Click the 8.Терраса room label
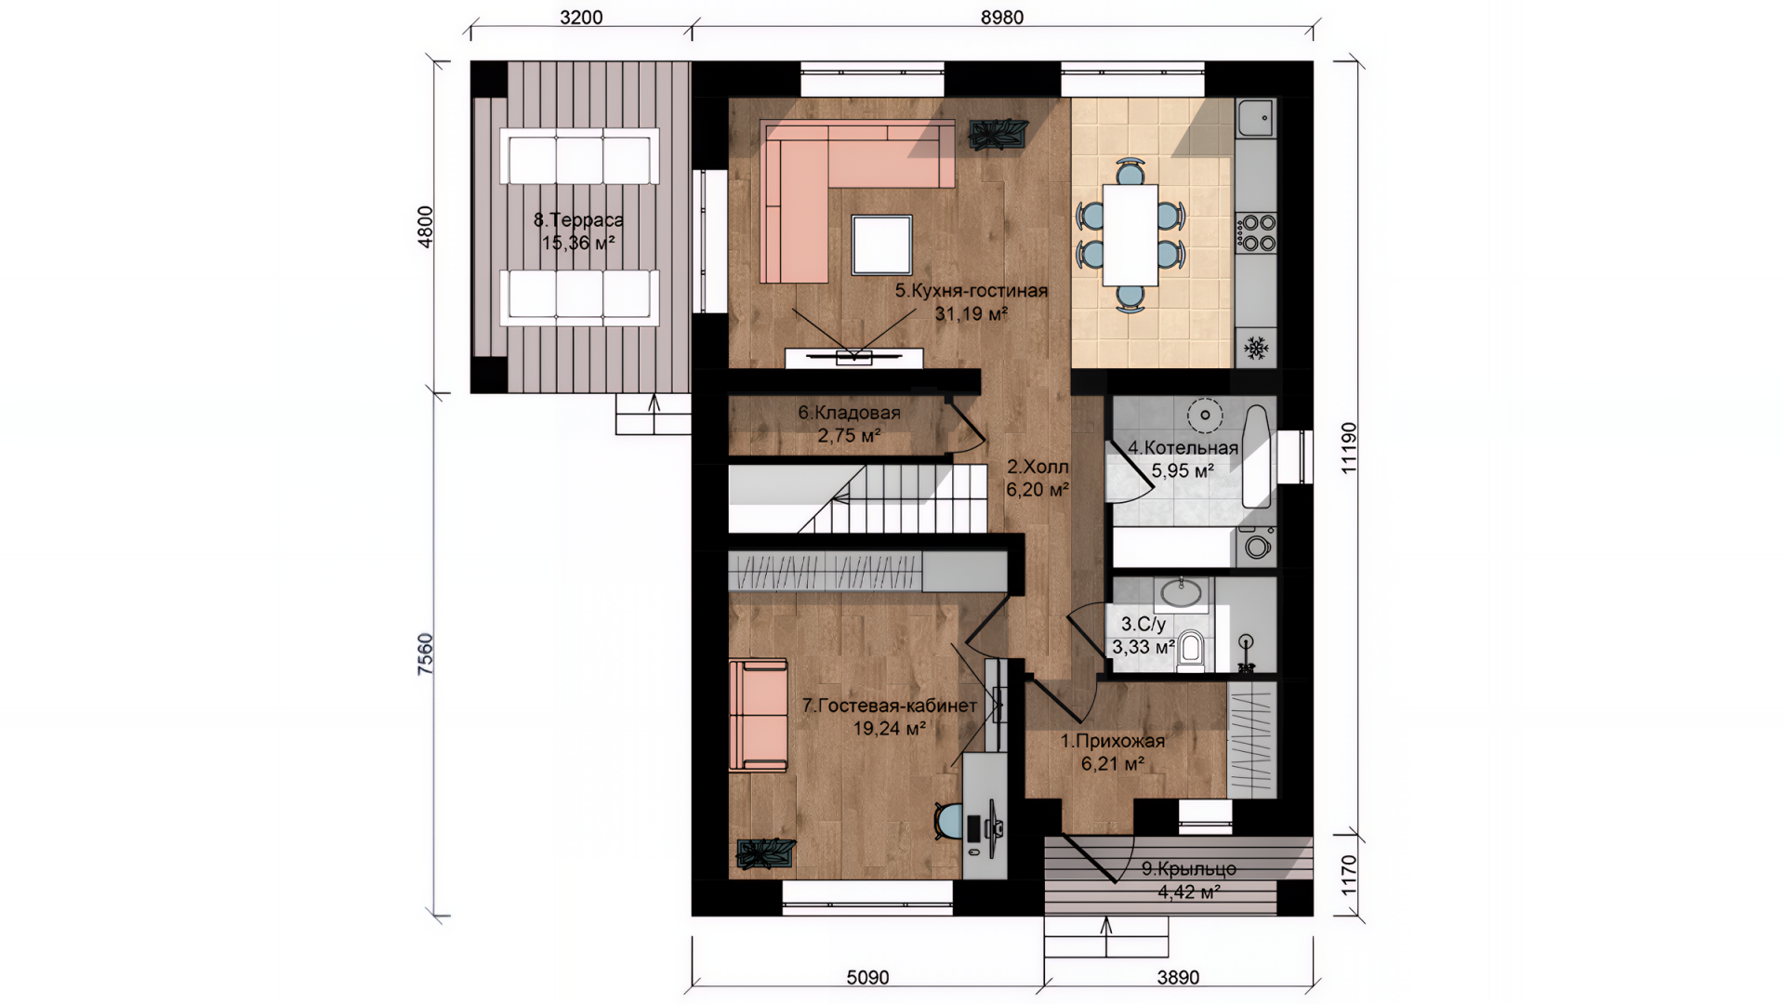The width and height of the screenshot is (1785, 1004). coord(578,220)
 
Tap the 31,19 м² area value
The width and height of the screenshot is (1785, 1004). coord(972,314)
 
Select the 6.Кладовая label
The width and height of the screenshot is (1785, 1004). coord(849,413)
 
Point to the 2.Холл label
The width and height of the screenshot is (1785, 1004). coord(1038,467)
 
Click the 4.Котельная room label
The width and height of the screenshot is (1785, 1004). coord(1183,448)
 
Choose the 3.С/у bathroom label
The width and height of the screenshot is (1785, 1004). coord(1144,625)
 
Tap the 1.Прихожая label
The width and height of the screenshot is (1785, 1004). coord(1113,742)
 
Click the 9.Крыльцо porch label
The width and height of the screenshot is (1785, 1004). coord(1189,869)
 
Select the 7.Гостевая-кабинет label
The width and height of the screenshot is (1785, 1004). coord(890,707)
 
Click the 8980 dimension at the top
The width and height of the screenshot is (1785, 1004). coord(1002,18)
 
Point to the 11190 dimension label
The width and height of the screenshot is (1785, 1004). coord(1349,448)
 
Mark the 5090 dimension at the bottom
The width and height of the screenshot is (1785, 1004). coord(867,978)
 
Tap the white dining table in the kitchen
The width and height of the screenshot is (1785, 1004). coord(1130,234)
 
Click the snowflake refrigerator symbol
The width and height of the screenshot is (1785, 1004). coord(1256,349)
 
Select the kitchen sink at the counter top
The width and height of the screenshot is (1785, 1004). coord(1256,118)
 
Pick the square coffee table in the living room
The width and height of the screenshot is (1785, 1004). coord(882,244)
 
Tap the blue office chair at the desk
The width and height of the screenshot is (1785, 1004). coord(950,820)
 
